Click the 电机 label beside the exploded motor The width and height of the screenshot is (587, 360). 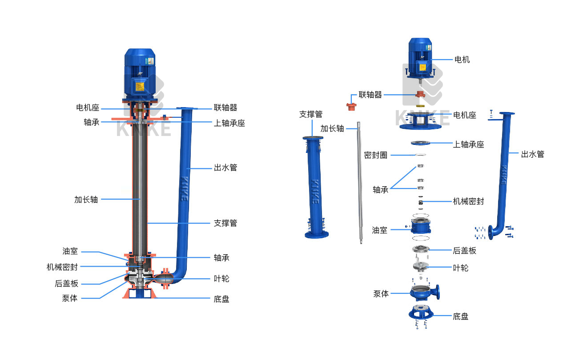pyautogui.click(x=462, y=60)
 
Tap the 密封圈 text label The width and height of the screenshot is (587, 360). pyautogui.click(x=375, y=155)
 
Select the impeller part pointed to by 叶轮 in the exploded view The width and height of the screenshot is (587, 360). pyautogui.click(x=420, y=267)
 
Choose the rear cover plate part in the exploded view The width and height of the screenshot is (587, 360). pyautogui.click(x=420, y=250)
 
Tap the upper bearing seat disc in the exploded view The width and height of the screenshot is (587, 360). pyautogui.click(x=420, y=143)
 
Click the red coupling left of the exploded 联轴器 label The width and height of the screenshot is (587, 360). pyautogui.click(x=352, y=106)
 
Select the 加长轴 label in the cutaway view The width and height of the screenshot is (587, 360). pyautogui.click(x=86, y=200)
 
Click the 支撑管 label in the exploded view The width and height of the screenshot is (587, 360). pyautogui.click(x=310, y=114)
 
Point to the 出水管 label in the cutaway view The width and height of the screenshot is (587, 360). pyautogui.click(x=225, y=168)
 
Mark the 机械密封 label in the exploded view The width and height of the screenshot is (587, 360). pyautogui.click(x=468, y=201)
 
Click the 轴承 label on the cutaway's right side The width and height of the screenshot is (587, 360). pyautogui.click(x=221, y=258)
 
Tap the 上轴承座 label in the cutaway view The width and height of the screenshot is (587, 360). pyautogui.click(x=229, y=123)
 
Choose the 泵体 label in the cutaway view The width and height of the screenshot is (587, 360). pyautogui.click(x=69, y=298)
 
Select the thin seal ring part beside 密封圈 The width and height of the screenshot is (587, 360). pyautogui.click(x=420, y=155)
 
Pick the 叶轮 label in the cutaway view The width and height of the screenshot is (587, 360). pyautogui.click(x=221, y=279)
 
